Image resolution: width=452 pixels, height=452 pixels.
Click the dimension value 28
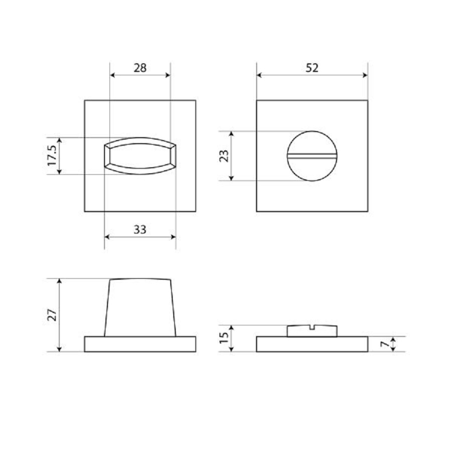point(140,68)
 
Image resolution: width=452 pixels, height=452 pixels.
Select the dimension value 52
point(312,68)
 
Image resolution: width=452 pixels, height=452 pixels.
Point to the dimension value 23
point(224,156)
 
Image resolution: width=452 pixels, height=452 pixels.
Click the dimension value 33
point(140,230)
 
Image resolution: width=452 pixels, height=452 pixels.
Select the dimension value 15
point(224,338)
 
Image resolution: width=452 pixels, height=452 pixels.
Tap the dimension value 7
point(384,344)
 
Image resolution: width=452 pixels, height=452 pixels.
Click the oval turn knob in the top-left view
point(140,156)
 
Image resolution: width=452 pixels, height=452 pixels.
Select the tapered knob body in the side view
point(140,307)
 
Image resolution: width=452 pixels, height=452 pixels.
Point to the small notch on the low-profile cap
point(312,327)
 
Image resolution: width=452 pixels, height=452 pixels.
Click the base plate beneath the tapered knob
point(140,344)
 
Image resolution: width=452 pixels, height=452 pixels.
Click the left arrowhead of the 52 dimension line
point(259,75)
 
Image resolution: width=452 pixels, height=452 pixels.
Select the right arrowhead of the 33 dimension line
point(173,237)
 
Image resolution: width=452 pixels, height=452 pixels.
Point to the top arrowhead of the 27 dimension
point(60,281)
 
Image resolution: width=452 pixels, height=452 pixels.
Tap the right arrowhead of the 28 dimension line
point(168,75)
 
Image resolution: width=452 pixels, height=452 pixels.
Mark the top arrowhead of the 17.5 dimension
point(60,140)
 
